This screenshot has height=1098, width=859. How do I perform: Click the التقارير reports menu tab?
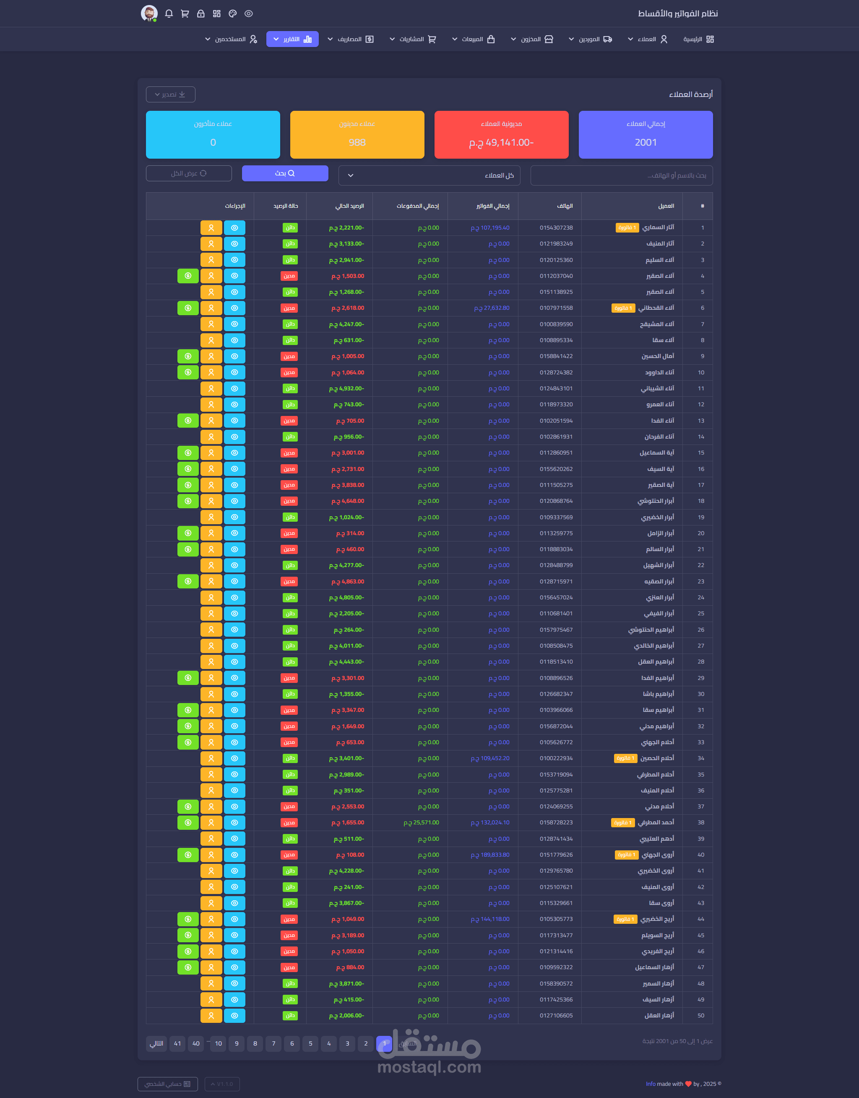tap(292, 39)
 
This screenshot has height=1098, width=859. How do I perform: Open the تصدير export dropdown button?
tap(170, 94)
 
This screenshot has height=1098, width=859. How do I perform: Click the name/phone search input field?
tap(621, 175)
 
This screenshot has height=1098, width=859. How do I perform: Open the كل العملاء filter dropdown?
tap(429, 175)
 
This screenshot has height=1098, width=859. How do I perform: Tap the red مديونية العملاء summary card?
tap(501, 135)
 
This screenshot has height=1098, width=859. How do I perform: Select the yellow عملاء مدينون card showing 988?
tap(357, 135)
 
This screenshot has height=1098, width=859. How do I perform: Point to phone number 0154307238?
tap(556, 228)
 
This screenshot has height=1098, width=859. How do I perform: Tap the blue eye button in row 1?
tap(234, 228)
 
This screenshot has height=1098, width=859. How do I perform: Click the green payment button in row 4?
tap(188, 276)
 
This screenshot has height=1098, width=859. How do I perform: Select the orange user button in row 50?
tap(211, 1015)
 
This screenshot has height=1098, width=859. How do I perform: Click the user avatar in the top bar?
tap(149, 13)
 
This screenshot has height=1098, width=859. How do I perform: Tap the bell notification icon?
tap(169, 13)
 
